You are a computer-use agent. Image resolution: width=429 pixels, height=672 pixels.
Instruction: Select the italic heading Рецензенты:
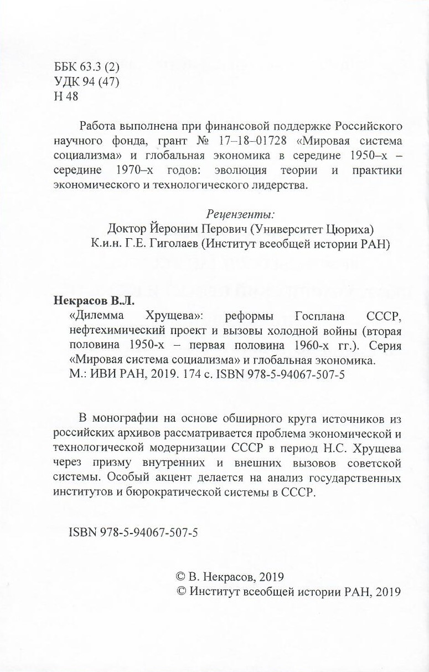pos(240,214)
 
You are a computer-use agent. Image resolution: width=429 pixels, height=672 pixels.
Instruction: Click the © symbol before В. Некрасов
pos(180,576)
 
